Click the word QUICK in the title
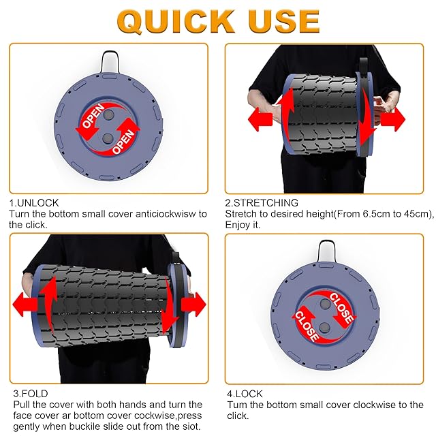(176, 22)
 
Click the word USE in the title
(284, 22)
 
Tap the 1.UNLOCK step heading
(34, 203)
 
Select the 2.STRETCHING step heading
(262, 203)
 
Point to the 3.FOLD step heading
(31, 394)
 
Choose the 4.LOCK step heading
(245, 394)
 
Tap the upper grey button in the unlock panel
(108, 114)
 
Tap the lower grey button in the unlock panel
(108, 138)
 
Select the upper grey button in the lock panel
(325, 304)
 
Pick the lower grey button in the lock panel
(324, 328)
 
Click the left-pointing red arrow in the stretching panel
(260, 119)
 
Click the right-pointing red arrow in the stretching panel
(392, 119)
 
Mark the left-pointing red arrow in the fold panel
(25, 305)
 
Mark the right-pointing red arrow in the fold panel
(193, 305)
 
